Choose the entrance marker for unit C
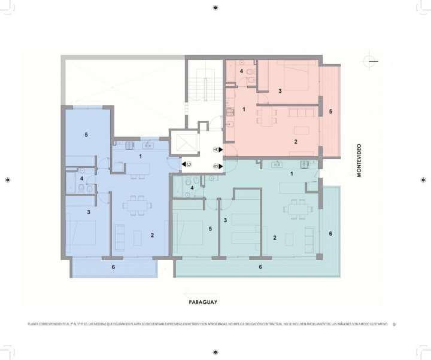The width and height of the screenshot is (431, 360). click(186, 163)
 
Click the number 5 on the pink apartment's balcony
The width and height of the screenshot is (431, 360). click(330, 112)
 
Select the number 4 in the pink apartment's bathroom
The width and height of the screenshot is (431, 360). click(242, 72)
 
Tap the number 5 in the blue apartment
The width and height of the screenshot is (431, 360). click(86, 135)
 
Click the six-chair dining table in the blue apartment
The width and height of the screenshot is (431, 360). click(133, 204)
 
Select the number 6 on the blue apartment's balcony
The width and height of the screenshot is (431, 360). click(113, 267)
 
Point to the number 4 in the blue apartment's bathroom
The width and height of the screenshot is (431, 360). click(81, 178)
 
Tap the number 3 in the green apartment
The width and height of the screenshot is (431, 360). click(225, 221)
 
